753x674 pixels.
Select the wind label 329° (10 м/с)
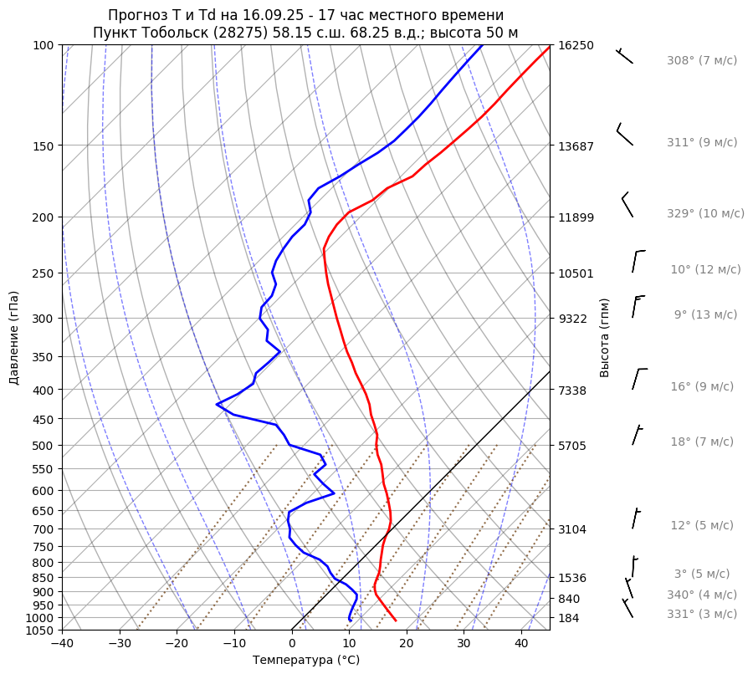coord(705,214)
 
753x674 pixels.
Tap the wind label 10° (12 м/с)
coord(705,270)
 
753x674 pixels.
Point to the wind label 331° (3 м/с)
coord(702,615)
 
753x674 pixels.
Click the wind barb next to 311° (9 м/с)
coord(624,136)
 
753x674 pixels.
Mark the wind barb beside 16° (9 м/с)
coord(638,379)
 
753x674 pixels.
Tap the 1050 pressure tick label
coord(42,631)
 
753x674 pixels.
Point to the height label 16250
coord(576,45)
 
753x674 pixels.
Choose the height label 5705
coord(572,446)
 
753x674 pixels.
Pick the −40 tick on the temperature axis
coord(62,644)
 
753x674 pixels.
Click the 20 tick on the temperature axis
coord(407,644)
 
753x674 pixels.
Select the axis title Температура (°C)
coord(306,661)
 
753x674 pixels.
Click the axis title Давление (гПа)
coord(14,338)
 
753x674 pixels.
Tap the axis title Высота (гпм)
coord(605,338)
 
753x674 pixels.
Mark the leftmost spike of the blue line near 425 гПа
coord(217,405)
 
